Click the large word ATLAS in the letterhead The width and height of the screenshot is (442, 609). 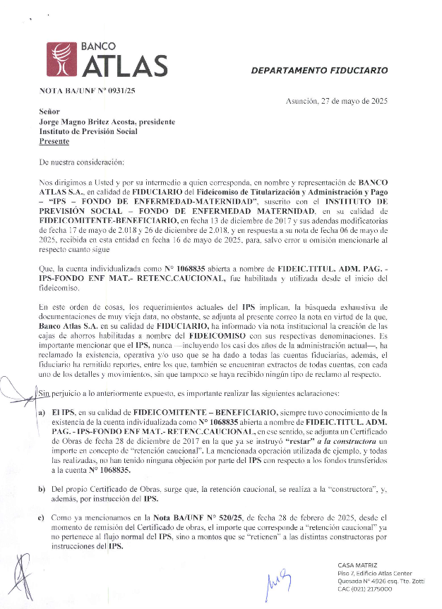pyautogui.click(x=126, y=66)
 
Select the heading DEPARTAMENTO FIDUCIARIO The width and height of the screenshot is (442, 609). pyautogui.click(x=320, y=71)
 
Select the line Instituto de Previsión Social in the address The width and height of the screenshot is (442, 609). pyautogui.click(x=88, y=131)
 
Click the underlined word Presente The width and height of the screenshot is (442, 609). pyautogui.click(x=54, y=140)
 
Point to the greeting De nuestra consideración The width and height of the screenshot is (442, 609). pyautogui.click(x=82, y=162)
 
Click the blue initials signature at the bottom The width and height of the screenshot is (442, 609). pyautogui.click(x=277, y=581)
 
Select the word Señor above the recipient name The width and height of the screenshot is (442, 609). pyautogui.click(x=50, y=111)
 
